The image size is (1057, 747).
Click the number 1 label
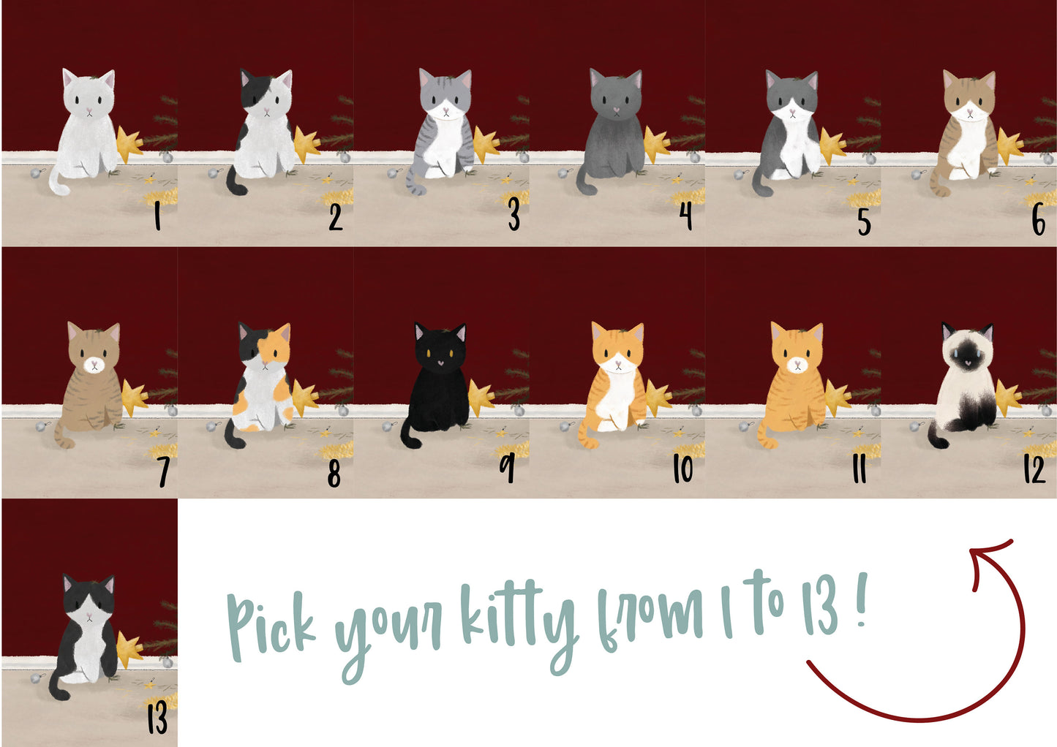[x=157, y=217]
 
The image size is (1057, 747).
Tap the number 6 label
[x=1038, y=220]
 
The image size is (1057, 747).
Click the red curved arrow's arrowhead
[x=988, y=561]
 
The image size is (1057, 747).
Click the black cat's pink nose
[x=440, y=363]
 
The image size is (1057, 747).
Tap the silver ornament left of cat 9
[x=387, y=426]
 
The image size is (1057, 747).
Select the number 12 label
[x=1034, y=469]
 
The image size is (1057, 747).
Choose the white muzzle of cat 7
[x=94, y=365]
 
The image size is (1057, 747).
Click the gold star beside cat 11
[x=837, y=397]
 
